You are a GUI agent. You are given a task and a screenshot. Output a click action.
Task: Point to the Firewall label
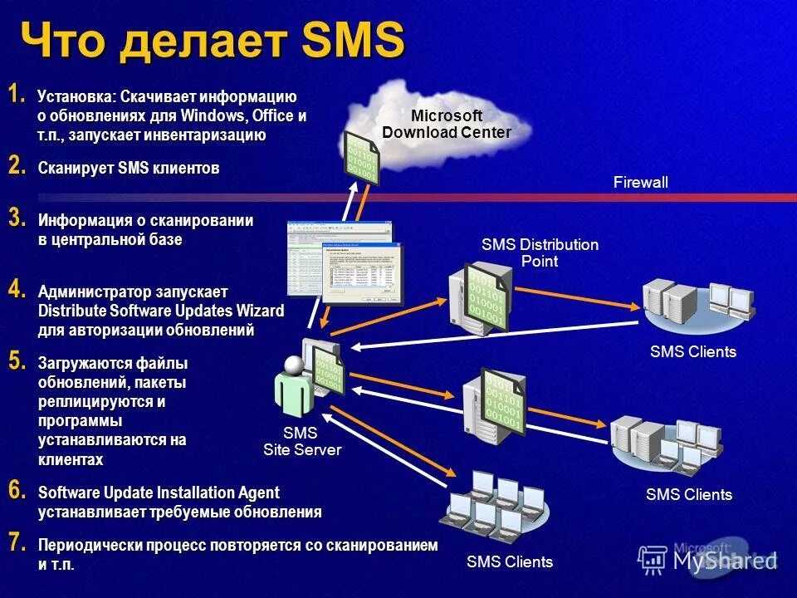pyautogui.click(x=640, y=183)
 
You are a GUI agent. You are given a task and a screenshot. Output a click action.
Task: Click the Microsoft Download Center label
pyautogui.click(x=446, y=124)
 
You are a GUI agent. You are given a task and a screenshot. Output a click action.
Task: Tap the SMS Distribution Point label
pyautogui.click(x=540, y=252)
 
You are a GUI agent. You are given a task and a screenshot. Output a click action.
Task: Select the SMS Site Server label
pyautogui.click(x=301, y=441)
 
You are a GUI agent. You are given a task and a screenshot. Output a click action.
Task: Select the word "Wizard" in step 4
pyautogui.click(x=257, y=311)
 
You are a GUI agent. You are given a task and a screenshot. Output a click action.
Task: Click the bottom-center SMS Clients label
pyautogui.click(x=510, y=562)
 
